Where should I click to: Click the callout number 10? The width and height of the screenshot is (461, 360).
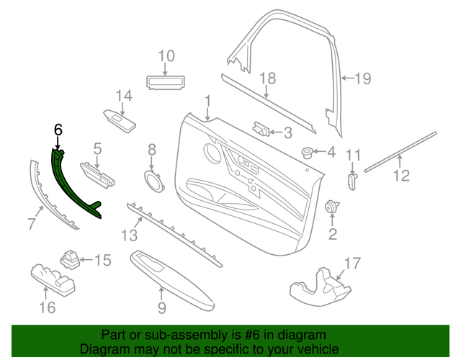click(x=166, y=55)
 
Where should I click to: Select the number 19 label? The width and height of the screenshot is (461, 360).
click(x=362, y=78)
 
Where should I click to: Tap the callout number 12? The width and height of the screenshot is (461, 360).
click(x=400, y=174)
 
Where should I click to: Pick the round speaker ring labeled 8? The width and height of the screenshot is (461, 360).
click(x=152, y=179)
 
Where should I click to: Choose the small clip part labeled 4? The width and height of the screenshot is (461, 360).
click(x=308, y=152)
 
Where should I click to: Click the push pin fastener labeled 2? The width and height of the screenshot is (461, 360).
click(x=332, y=207)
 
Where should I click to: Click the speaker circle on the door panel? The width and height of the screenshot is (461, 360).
click(x=212, y=153)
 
